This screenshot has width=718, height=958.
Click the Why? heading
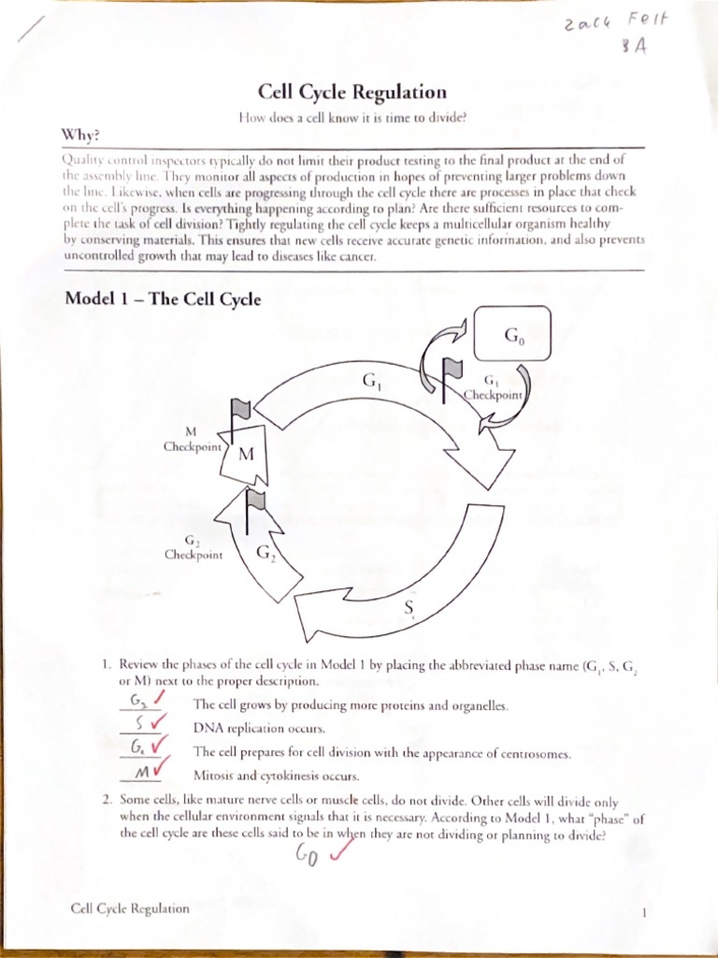click(80, 135)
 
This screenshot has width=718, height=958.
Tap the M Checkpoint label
click(193, 440)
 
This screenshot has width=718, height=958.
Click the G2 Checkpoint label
click(193, 547)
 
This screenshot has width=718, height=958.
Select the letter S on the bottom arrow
click(409, 609)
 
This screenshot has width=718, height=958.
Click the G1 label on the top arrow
click(369, 382)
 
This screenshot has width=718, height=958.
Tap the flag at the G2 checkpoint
click(255, 503)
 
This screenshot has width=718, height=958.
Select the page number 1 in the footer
click(644, 909)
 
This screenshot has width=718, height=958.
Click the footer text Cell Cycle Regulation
click(129, 908)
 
